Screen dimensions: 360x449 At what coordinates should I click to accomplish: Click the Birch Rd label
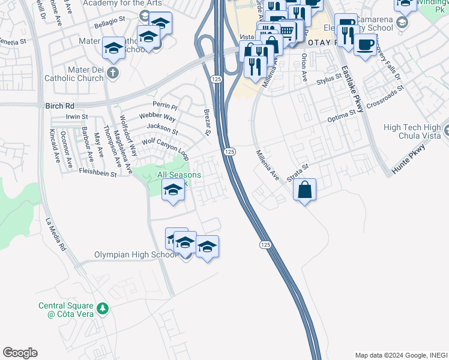pos(59,106)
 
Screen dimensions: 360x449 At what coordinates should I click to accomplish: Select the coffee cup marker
pos(365,44)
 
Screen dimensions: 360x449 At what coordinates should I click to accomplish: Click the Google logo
pos(20,353)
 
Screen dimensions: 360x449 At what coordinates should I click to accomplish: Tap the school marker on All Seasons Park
pos(173,190)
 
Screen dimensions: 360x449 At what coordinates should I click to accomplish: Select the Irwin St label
pos(77,116)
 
